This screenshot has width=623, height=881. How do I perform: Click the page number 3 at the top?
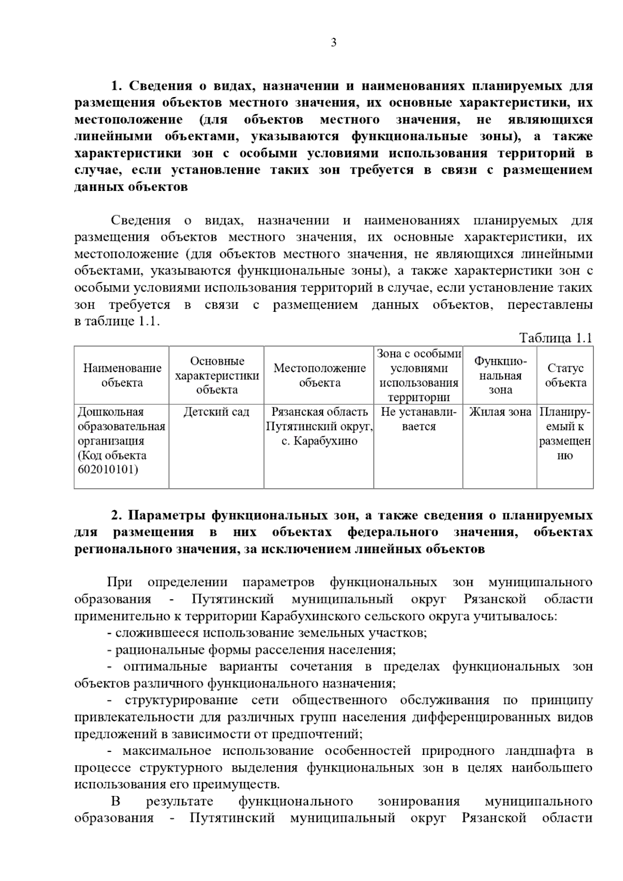334,43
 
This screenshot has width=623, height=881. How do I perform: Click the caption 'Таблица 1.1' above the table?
556,338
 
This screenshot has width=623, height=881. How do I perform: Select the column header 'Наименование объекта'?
122,375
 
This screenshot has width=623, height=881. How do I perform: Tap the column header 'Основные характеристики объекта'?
216,375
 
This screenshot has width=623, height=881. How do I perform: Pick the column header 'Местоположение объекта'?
319,375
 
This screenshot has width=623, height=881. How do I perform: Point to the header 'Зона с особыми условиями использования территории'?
418,375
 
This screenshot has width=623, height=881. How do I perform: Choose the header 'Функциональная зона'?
500,375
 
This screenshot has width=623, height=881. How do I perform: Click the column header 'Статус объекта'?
565,375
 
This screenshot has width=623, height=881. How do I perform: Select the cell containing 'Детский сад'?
216,412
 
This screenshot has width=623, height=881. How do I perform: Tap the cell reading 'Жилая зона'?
500,412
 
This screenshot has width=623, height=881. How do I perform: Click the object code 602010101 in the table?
108,470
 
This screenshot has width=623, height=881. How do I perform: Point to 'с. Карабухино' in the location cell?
319,441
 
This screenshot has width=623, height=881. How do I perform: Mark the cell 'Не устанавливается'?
418,419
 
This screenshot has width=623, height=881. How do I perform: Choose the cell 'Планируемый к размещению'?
565,434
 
